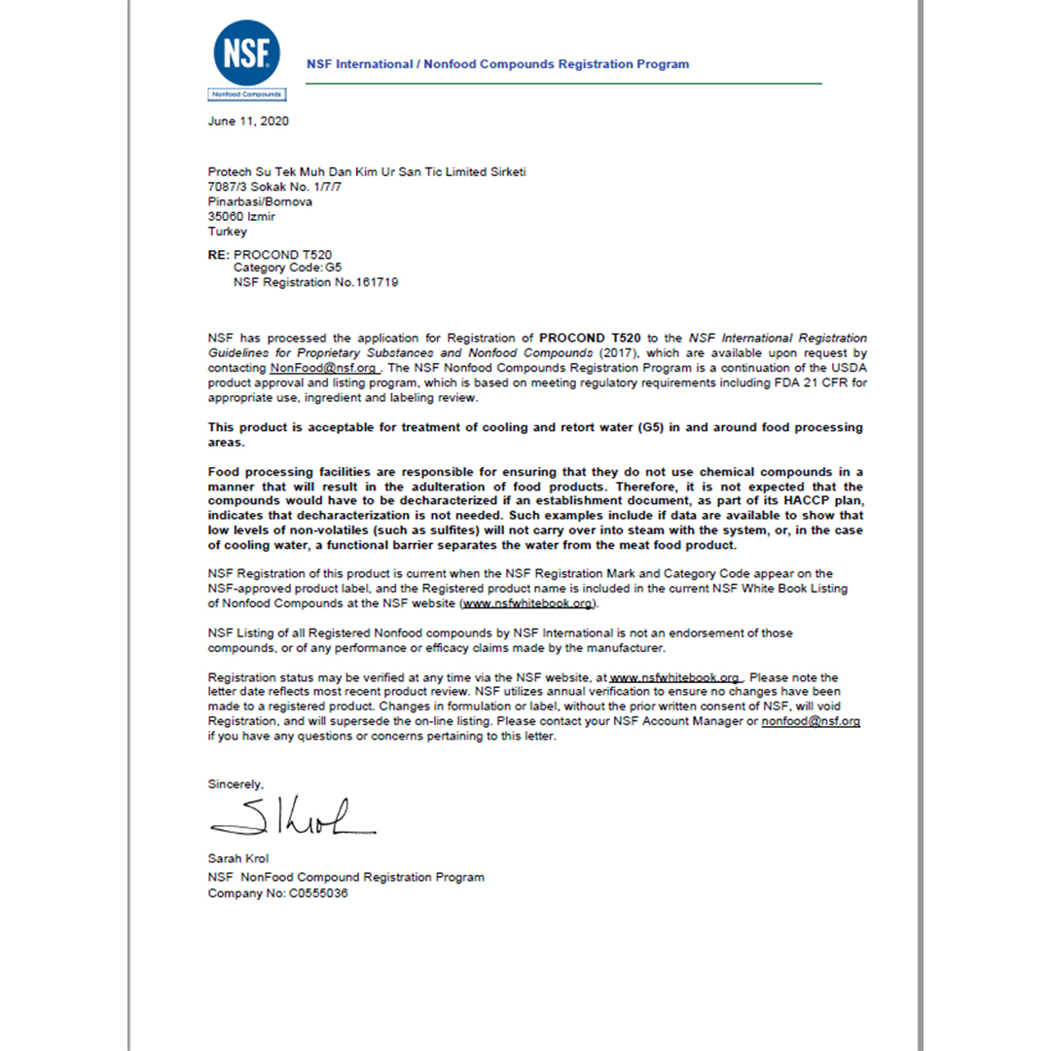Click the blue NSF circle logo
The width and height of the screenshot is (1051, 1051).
[x=247, y=53]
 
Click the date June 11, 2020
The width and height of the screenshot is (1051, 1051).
[x=248, y=122]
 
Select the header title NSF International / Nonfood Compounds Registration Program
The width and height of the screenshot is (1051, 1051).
[x=497, y=64]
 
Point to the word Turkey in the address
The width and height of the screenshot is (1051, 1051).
[x=228, y=232]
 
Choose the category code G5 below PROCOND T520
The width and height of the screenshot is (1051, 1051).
[x=334, y=268]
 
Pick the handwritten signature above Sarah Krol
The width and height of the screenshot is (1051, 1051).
[x=292, y=818]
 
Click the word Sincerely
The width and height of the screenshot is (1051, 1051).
[x=236, y=783]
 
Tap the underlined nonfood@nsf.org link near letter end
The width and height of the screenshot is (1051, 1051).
[x=811, y=721]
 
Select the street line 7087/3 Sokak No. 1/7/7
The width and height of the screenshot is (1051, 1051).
[x=275, y=187]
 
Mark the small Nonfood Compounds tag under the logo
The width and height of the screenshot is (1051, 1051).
[x=247, y=94]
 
